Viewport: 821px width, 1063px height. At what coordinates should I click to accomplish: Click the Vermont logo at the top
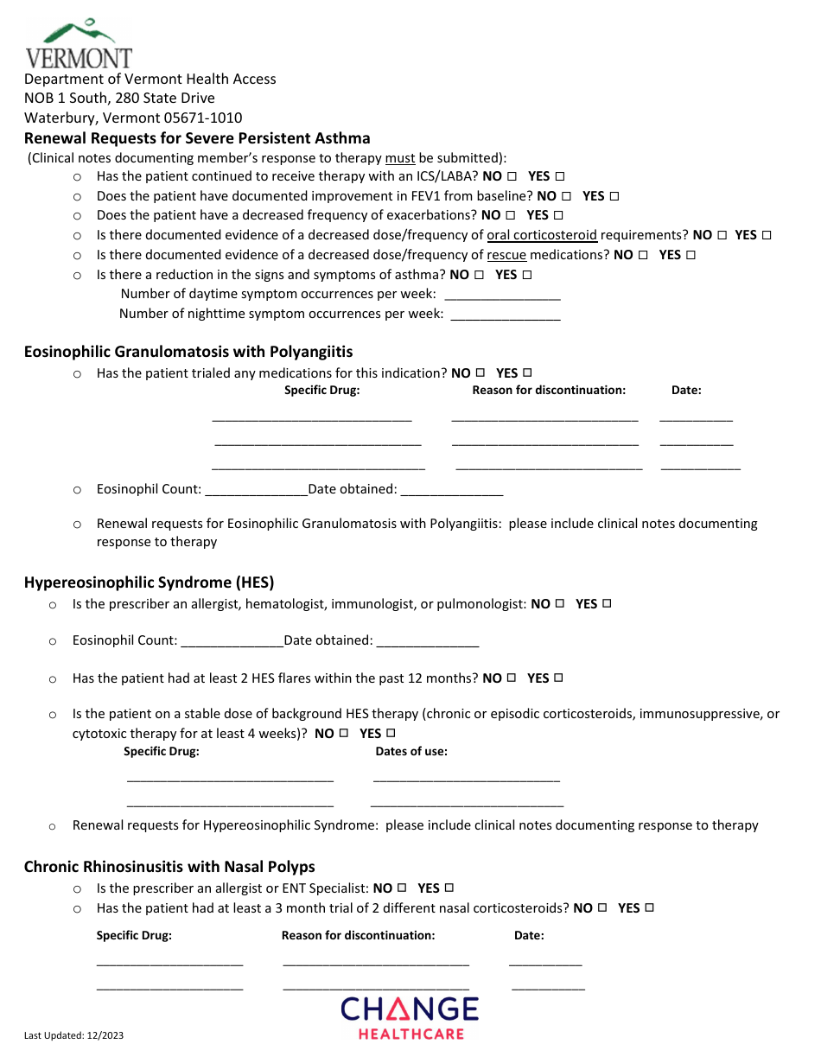78,45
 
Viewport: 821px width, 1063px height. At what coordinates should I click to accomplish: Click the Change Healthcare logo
410,1017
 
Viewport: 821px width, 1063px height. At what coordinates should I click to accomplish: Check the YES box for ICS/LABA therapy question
560,175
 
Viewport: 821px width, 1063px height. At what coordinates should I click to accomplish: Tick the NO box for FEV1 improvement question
567,196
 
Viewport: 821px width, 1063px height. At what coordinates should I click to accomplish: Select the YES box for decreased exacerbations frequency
558,215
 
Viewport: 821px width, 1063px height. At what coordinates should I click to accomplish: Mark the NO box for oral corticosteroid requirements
722,235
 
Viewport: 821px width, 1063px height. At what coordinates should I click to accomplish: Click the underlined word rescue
506,255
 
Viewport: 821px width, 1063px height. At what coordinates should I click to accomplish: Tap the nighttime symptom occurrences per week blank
506,315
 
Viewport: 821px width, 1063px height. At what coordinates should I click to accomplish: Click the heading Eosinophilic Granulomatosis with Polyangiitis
188,352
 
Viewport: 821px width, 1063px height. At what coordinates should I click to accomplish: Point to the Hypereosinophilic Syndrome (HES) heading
149,582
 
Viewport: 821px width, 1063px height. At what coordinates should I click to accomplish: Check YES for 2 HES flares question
559,678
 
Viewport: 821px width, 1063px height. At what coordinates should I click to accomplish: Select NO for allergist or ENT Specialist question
402,888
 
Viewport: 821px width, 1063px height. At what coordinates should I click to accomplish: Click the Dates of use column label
411,752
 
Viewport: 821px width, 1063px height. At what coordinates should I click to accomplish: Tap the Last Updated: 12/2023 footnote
74,1035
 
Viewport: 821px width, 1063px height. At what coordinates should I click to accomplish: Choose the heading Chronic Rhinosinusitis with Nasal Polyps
169,867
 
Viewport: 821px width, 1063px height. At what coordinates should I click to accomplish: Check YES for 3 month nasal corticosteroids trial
650,907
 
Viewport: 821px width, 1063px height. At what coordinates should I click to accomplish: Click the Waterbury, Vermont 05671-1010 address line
133,118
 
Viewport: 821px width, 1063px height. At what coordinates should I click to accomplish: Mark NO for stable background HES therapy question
344,733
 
